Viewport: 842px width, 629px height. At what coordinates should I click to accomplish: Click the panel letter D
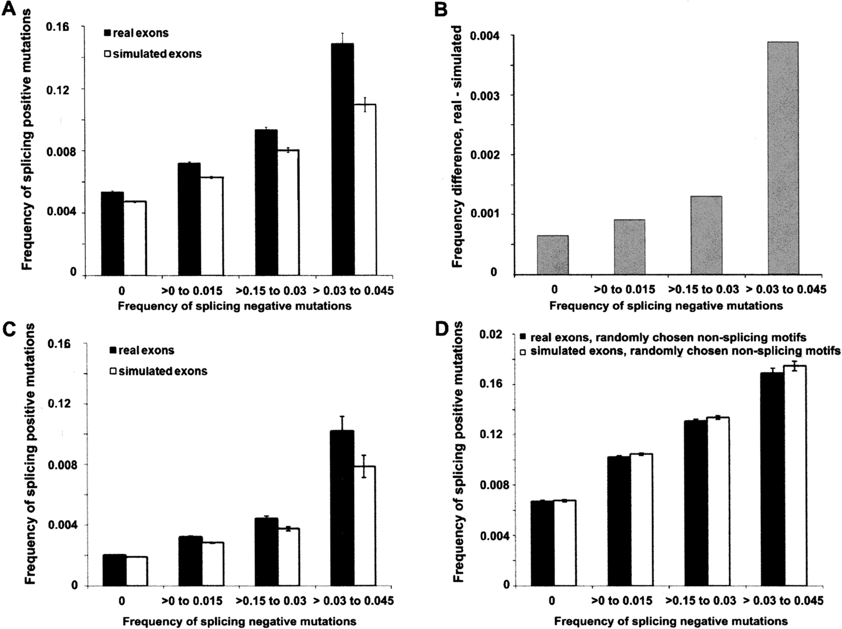coord(443,329)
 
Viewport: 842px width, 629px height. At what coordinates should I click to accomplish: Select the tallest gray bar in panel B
coord(783,158)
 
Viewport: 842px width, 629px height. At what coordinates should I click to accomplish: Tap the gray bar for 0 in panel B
coord(552,255)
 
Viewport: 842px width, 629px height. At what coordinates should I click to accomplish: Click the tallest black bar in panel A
coord(343,159)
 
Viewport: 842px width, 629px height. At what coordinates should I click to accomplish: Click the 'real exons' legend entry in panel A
coord(136,33)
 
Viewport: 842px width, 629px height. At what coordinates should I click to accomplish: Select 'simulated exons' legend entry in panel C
coord(158,371)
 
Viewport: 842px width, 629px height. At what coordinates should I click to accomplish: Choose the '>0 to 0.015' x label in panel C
coord(192,601)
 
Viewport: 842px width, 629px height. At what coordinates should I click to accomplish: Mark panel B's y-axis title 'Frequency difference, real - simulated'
coord(457,147)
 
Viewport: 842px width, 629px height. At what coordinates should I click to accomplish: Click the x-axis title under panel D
coord(671,622)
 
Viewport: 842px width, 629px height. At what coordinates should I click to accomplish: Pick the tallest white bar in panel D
coord(795,476)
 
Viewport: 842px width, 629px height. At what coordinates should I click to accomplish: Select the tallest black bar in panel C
coord(342,508)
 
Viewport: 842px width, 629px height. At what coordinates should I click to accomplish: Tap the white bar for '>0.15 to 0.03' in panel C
coord(289,557)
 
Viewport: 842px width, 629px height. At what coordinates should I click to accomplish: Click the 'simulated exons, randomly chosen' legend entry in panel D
coord(680,351)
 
